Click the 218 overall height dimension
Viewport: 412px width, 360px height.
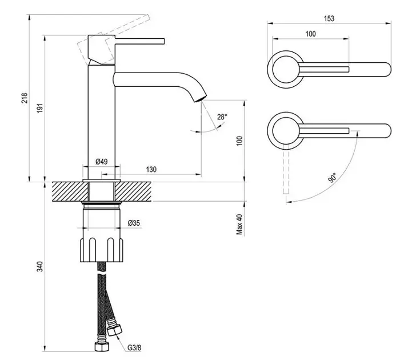point(24,98)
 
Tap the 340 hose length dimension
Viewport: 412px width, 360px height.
point(39,266)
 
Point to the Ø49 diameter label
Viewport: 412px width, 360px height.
point(101,161)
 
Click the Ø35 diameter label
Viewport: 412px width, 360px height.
point(134,223)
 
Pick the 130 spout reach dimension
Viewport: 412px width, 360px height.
point(151,170)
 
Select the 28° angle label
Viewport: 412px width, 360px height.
point(222,117)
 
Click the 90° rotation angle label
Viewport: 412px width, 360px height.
point(333,178)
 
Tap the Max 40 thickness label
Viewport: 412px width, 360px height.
point(239,224)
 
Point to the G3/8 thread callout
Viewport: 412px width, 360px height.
point(134,347)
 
